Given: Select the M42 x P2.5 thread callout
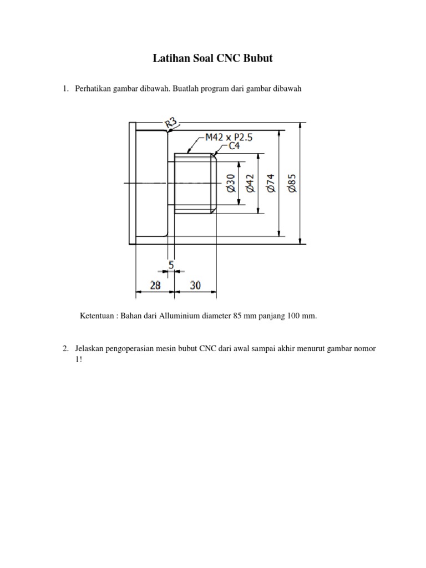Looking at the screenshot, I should [229, 138].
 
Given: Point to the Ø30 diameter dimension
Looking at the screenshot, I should [231, 183].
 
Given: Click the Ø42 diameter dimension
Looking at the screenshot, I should [250, 183].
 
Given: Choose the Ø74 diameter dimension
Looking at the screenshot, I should [271, 183].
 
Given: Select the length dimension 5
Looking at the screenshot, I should [171, 266].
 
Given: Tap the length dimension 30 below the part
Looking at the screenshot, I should [195, 285].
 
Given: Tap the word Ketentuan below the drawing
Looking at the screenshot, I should [98, 316].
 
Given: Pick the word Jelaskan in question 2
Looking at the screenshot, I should [89, 348].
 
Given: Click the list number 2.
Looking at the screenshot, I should [64, 348].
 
